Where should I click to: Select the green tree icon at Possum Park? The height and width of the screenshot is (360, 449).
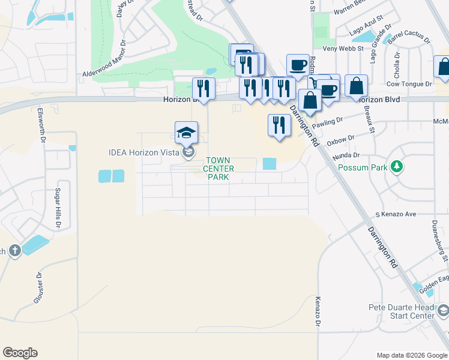click(396, 166)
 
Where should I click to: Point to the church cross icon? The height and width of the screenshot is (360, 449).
click(14, 251)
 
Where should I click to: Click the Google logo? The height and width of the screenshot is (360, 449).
click(20, 353)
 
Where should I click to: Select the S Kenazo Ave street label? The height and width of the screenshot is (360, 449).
click(396, 214)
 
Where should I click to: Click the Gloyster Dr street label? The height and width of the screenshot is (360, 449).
click(38, 289)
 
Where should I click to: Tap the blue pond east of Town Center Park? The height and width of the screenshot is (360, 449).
click(270, 164)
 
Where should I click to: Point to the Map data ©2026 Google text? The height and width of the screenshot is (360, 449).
click(411, 355)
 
